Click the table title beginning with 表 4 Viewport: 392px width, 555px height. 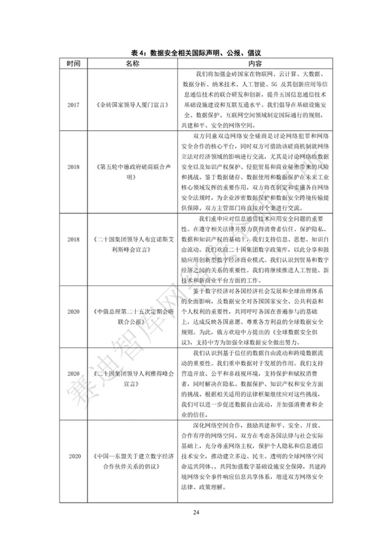(x=196, y=52)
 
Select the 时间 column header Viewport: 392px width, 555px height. (x=74, y=63)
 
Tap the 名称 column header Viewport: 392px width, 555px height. (x=133, y=63)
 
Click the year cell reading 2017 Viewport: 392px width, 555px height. (x=74, y=103)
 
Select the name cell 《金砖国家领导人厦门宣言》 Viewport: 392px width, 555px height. (x=133, y=103)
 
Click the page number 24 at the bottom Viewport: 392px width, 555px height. (x=195, y=510)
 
